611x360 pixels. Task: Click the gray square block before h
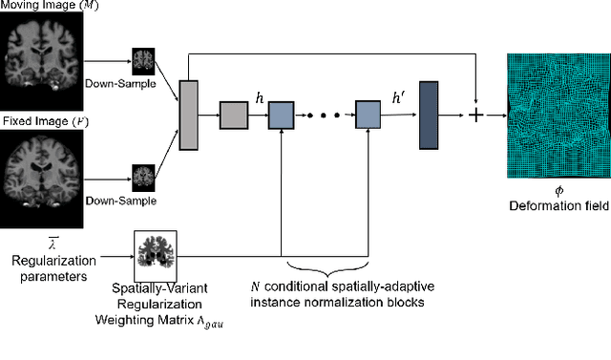pyautogui.click(x=233, y=116)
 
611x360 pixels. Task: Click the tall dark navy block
pyautogui.click(x=428, y=116)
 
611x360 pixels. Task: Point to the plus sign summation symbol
pyautogui.click(x=474, y=116)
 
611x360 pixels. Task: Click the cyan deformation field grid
pyautogui.click(x=555, y=115)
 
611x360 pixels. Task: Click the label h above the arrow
pyautogui.click(x=259, y=96)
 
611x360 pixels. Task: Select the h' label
pyautogui.click(x=398, y=96)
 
